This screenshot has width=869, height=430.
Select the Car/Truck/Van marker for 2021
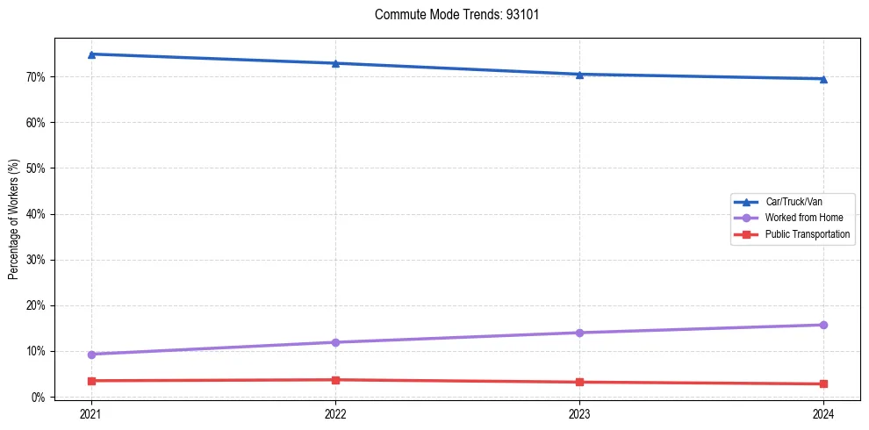tap(91, 54)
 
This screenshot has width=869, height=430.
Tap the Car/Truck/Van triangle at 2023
tap(579, 75)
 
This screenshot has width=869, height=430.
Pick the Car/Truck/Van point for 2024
tap(823, 79)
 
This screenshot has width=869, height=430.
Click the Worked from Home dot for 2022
tap(335, 342)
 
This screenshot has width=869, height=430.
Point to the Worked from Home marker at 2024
tap(823, 325)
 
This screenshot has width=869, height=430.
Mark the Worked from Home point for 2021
tap(91, 355)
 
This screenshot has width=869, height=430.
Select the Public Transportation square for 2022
tap(335, 380)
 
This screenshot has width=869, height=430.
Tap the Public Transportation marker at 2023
tap(579, 382)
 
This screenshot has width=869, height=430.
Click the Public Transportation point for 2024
tap(823, 383)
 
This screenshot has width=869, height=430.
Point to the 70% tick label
tap(36, 77)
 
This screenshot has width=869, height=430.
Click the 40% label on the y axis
tap(36, 214)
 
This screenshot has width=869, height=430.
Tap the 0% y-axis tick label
tap(39, 398)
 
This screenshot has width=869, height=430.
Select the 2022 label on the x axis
tap(335, 414)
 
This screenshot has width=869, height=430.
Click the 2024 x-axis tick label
tap(823, 414)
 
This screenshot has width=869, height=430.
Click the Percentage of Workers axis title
tap(14, 219)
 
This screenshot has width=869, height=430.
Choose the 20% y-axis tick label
tap(36, 305)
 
